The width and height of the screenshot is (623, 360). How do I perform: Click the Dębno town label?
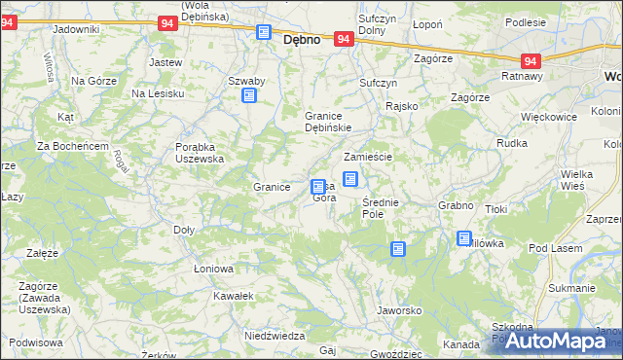(302, 42)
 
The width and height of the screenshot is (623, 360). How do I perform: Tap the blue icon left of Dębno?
(264, 32)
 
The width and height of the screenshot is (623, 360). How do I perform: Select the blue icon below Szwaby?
(249, 95)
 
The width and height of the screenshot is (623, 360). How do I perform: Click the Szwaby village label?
(247, 81)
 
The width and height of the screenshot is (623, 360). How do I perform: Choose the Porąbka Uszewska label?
(200, 153)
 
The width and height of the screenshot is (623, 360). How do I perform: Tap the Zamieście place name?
(367, 157)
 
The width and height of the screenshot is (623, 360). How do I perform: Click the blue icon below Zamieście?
(350, 178)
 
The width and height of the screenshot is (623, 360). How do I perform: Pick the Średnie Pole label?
(378, 207)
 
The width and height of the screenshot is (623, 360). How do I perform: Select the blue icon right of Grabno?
(464, 238)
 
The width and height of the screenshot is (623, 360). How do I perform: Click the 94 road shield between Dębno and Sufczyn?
(343, 39)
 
